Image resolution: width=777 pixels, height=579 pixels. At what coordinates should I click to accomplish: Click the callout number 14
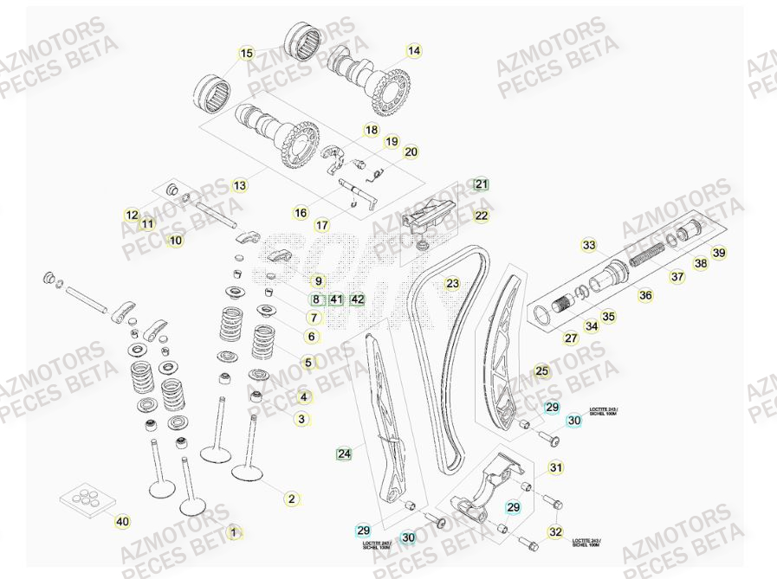coord(414,51)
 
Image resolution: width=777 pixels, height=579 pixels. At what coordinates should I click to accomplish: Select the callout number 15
coord(247,54)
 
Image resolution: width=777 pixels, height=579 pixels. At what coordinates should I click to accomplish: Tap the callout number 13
coord(240,185)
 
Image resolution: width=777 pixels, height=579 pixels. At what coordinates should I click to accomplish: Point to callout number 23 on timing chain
coord(452,283)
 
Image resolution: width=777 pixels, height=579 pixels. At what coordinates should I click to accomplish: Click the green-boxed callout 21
coord(481,184)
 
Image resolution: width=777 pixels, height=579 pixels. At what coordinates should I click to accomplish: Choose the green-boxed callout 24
coord(344,453)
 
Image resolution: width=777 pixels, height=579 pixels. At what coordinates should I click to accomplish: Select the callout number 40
coord(122,521)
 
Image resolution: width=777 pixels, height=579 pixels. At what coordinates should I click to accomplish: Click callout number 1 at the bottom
coord(232,532)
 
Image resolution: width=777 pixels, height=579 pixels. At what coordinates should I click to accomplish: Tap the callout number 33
coord(589,246)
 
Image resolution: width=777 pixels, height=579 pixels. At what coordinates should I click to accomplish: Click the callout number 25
coord(541,371)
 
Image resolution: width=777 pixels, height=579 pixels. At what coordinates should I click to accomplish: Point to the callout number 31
coord(556,467)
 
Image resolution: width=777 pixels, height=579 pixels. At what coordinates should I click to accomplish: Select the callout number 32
coord(555,531)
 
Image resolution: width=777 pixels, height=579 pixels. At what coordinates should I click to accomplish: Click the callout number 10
coord(176,240)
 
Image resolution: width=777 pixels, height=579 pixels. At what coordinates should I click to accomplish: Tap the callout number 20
coord(411,152)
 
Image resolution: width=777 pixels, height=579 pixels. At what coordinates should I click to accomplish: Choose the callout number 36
coord(645,295)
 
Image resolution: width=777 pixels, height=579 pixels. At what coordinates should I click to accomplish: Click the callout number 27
coord(571,338)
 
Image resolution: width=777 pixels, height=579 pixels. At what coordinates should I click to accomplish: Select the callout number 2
coord(292,499)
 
